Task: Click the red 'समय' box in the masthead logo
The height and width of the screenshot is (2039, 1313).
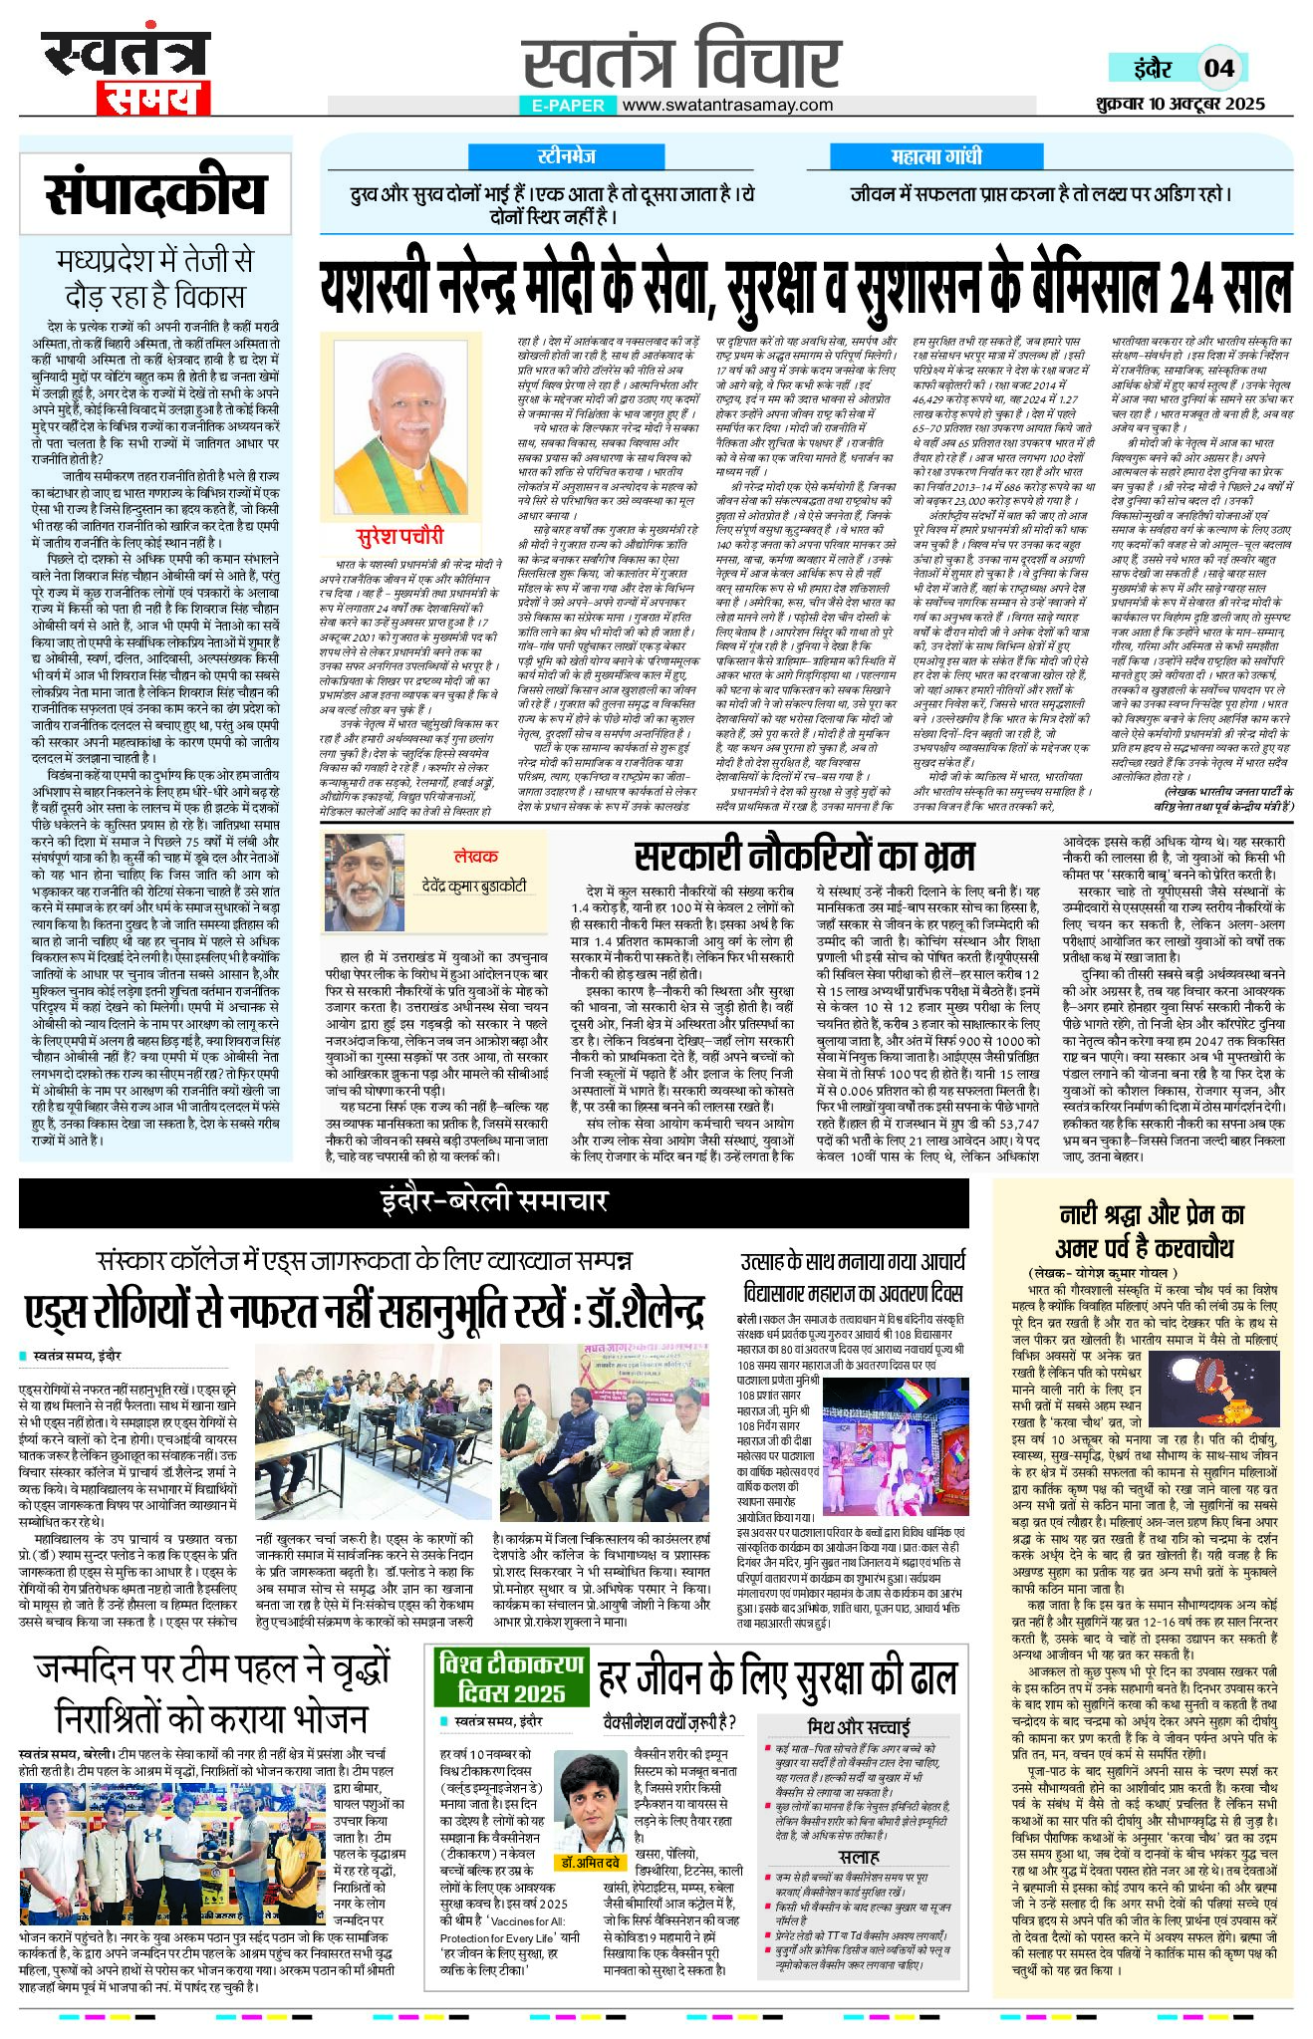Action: [x=153, y=98]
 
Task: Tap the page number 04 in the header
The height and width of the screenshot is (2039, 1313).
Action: [x=1218, y=68]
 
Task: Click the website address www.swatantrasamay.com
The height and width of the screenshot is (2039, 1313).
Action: [x=727, y=105]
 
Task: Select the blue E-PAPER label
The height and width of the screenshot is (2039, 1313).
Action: [x=568, y=106]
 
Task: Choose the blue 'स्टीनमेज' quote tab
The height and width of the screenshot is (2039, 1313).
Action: [x=566, y=156]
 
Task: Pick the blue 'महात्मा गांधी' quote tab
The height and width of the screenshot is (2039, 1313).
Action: [x=935, y=156]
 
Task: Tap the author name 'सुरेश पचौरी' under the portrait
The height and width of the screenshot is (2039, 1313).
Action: [x=400, y=536]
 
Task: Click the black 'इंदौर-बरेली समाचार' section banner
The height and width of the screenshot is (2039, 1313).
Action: [x=494, y=1202]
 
